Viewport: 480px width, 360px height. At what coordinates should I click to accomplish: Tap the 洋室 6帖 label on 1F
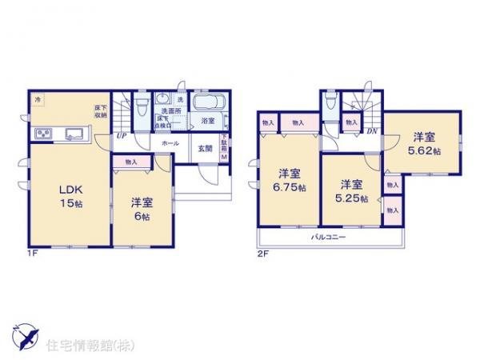click(x=142, y=207)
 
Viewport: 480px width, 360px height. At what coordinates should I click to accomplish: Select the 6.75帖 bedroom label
click(x=289, y=179)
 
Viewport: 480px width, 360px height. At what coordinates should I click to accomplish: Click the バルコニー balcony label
click(x=329, y=238)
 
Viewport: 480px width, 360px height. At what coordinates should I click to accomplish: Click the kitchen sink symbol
click(x=74, y=133)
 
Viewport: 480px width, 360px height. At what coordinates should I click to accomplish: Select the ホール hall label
click(x=170, y=142)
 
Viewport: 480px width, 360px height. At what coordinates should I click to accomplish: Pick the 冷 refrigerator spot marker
click(x=37, y=98)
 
